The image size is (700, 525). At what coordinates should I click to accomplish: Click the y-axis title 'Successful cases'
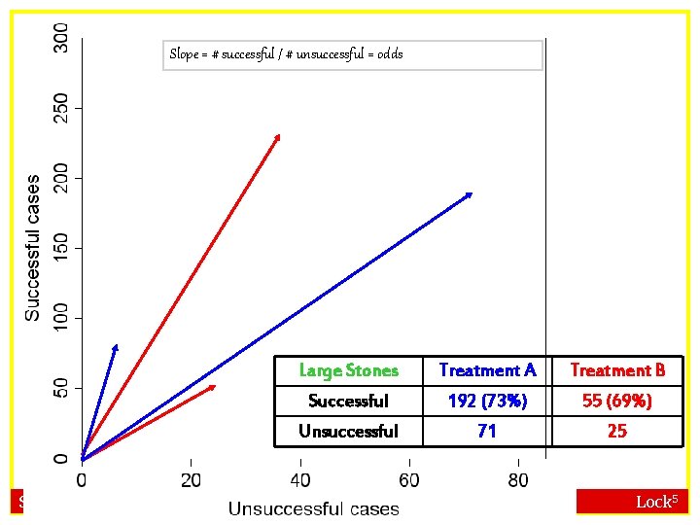pos(33,248)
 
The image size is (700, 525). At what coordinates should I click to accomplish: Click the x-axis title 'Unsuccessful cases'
pos(313,508)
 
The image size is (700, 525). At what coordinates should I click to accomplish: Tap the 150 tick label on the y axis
pos(61,248)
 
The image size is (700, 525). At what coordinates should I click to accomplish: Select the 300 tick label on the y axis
pos(61,38)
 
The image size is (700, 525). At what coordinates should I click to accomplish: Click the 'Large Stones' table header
pos(348,370)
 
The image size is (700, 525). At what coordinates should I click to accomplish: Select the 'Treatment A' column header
pos(487,370)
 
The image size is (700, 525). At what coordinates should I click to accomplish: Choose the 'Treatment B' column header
pos(617,370)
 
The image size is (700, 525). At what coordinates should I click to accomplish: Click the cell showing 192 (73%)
pos(487,401)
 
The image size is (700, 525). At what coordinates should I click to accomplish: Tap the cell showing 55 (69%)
pos(617,401)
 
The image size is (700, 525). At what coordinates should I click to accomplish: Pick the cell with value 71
pos(487,431)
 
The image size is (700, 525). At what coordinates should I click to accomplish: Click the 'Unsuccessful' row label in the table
pos(348,431)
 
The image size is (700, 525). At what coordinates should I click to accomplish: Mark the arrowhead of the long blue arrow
pos(471,194)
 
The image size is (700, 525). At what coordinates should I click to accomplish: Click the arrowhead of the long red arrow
pos(278,136)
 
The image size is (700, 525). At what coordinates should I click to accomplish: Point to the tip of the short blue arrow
pos(116,346)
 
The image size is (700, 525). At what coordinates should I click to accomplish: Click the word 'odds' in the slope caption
pos(389,54)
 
